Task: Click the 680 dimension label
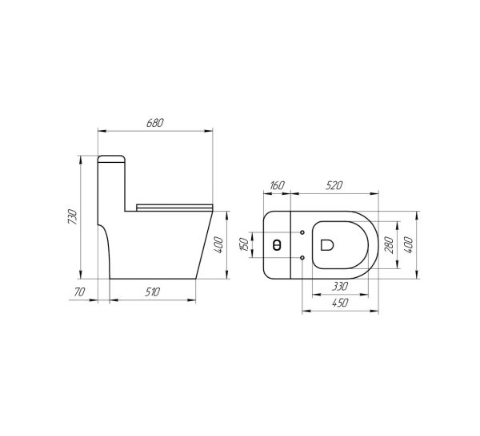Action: point(155,123)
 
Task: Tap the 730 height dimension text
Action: point(73,216)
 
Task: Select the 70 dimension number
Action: point(79,292)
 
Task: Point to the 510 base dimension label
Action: point(152,292)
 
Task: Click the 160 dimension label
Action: point(277,185)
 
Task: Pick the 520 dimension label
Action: point(334,185)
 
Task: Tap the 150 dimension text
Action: point(244,244)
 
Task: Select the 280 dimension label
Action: point(389,244)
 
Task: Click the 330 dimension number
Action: point(340,287)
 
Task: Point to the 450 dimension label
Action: point(340,303)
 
